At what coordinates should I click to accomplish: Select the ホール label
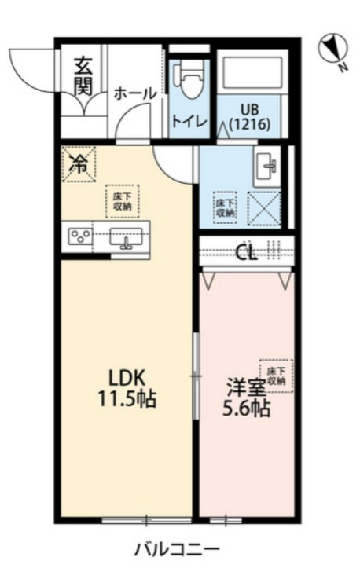134,93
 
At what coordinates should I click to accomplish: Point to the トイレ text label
189,121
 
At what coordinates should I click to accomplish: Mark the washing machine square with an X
264,207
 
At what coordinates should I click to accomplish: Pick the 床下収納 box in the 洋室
275,376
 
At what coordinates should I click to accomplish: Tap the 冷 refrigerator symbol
79,164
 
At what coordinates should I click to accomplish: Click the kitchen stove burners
79,236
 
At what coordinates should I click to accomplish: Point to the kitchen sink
126,236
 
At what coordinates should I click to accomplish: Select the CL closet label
247,251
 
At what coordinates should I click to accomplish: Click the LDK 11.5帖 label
127,386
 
